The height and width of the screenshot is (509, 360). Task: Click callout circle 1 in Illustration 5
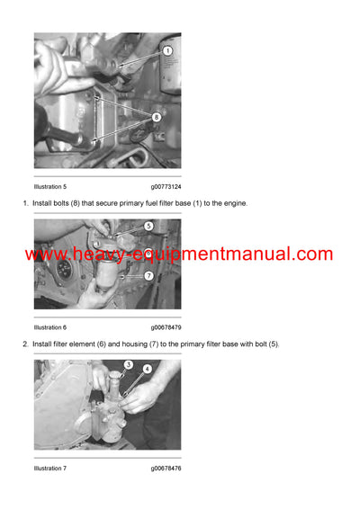coord(166,51)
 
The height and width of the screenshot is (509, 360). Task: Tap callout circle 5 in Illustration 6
coord(148,227)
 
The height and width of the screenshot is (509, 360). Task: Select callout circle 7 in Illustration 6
coord(148,275)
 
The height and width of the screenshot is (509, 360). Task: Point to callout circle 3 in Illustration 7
coord(129,364)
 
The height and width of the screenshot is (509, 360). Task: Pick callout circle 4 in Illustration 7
coord(147,369)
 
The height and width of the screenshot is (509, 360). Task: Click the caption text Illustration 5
coord(50,187)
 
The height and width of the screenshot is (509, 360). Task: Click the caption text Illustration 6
coord(50,327)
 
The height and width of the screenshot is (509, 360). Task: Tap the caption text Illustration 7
coord(50,469)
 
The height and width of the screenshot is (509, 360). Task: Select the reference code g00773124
coord(166,187)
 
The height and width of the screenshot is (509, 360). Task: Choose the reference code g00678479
coord(166,327)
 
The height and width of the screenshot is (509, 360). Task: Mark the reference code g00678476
coord(166,469)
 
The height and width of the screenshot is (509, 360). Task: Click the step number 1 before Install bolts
coord(25,203)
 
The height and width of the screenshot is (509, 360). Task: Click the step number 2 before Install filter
coord(25,344)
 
